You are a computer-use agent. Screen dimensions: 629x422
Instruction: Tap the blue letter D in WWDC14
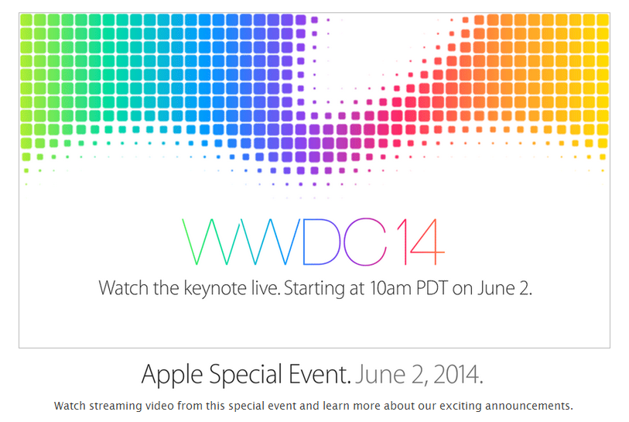[304, 242]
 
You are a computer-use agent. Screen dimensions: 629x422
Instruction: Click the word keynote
[215, 288]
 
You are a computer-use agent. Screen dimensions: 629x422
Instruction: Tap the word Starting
[314, 289]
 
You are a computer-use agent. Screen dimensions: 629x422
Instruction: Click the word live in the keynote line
[265, 288]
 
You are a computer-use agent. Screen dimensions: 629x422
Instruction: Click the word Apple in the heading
[172, 375]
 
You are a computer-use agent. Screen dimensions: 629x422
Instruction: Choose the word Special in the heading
[245, 375]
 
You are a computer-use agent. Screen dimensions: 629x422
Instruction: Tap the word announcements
[529, 406]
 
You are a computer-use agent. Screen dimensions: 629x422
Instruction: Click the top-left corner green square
[26, 20]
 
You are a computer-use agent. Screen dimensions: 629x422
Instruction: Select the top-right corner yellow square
[603, 20]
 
